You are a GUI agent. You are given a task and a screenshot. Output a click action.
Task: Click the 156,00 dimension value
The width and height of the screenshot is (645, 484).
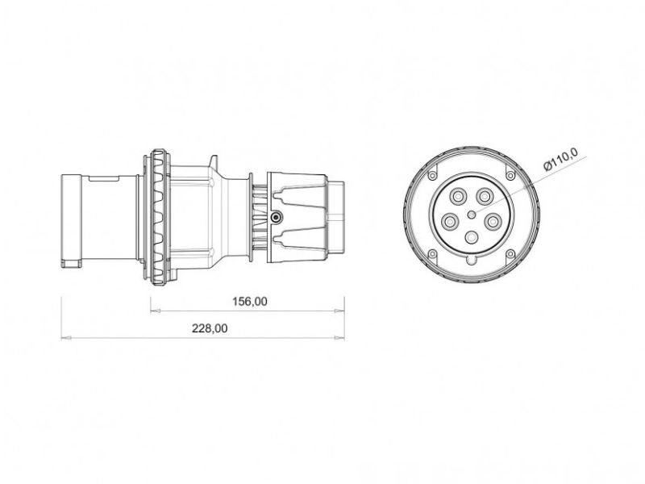coord(250,302)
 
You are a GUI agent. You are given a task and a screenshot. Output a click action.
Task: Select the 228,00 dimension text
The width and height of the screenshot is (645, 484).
coord(210,328)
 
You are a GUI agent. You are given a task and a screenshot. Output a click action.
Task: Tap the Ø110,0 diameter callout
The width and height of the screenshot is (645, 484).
coord(560,159)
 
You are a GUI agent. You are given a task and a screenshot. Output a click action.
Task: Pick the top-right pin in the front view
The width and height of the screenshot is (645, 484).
coord(485,196)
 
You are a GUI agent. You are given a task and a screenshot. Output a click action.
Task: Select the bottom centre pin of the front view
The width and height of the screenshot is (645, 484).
coord(472,237)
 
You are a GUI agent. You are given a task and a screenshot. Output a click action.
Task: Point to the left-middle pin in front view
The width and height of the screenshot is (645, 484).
coord(450,222)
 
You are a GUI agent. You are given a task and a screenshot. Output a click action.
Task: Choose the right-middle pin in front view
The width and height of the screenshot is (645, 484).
coord(493,222)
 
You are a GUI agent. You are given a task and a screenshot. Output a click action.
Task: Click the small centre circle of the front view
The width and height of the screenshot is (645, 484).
coord(472,214)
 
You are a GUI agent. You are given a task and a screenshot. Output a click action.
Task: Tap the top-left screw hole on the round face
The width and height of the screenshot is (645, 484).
coord(432,176)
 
